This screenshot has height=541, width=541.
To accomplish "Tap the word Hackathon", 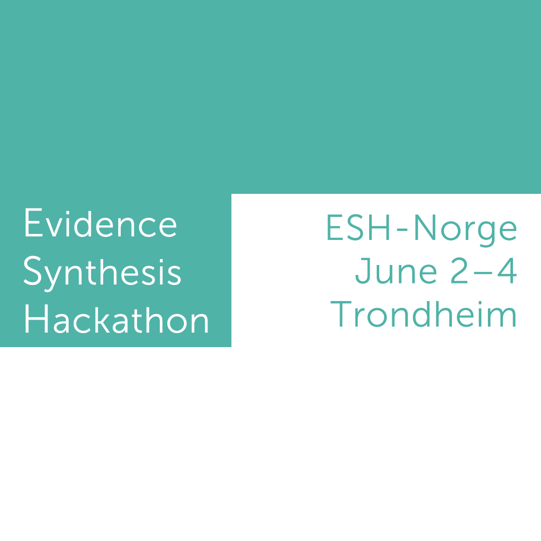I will point(116,321).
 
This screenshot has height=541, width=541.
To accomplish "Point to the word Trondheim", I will point(423,315).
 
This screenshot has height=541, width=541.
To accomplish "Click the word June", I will point(396,272).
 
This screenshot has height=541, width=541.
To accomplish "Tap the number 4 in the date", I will point(507,272).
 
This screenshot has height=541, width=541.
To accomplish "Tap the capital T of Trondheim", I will point(343,315).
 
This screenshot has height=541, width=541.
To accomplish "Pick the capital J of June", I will point(363,272).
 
